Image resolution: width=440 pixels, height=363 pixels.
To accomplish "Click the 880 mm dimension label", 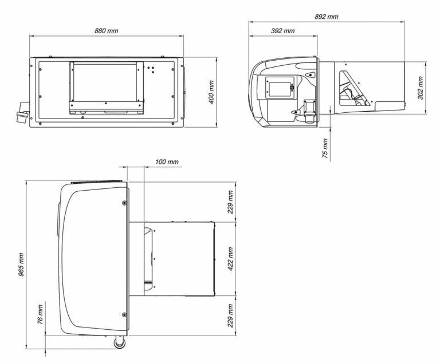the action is point(107,30).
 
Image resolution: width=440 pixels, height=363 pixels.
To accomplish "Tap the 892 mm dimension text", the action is point(327,17).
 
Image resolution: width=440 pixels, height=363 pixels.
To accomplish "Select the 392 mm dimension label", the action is point(282,30).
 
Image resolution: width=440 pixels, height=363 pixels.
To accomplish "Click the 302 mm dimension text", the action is point(421,88).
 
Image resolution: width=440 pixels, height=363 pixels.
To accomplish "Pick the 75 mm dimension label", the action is point(325,148).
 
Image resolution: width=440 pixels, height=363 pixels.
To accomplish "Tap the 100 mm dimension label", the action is point(167,162).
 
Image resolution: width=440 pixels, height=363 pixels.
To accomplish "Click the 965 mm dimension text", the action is point(21,265).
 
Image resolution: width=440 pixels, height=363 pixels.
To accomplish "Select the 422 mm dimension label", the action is point(230,259).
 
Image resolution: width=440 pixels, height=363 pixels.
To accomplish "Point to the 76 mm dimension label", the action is point(41,314).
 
